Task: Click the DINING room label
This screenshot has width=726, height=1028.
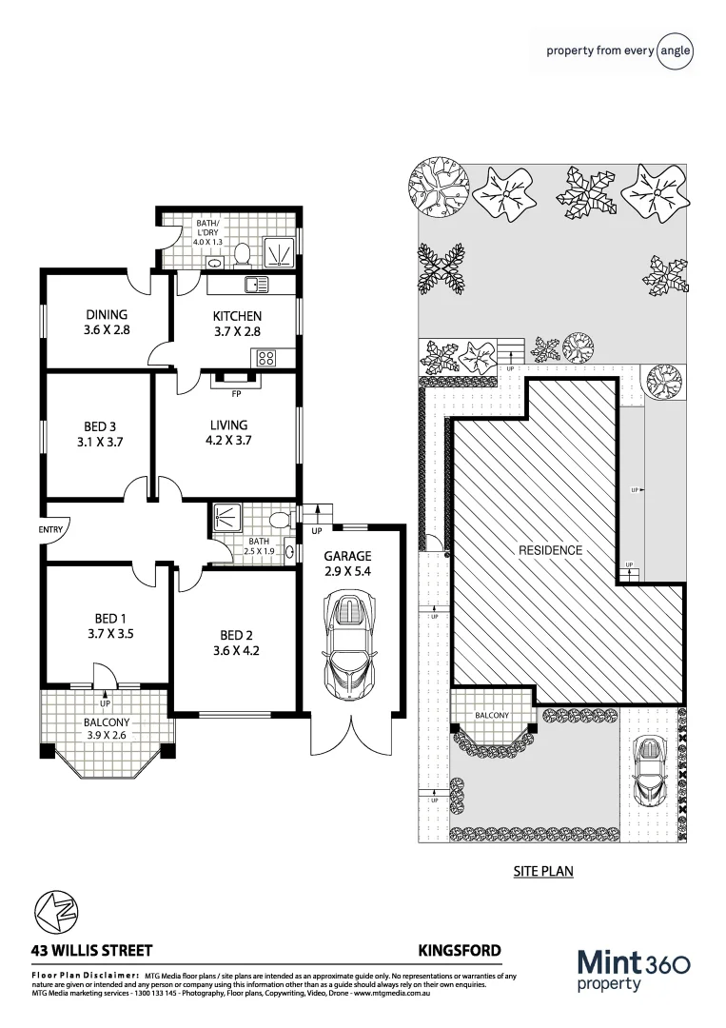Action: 106,323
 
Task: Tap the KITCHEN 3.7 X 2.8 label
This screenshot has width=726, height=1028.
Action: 237,324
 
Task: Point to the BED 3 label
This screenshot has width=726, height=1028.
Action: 100,434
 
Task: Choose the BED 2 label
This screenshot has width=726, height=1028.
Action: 239,643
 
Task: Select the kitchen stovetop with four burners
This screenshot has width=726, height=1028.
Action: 265,359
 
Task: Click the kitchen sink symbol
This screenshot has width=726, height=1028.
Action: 256,284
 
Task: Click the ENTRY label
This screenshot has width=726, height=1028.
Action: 51,529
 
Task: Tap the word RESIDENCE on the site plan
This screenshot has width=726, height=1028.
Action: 550,550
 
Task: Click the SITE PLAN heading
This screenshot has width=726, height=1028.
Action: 543,871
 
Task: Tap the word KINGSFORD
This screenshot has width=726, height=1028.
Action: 460,950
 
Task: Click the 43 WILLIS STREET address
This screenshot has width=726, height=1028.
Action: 91,950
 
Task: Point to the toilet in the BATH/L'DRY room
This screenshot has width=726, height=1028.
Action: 242,254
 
